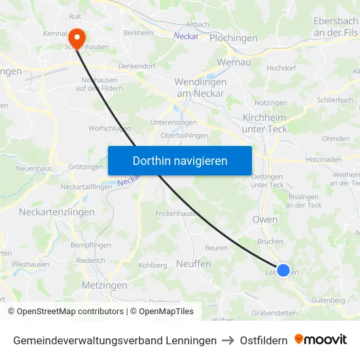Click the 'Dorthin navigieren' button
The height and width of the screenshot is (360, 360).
[x=180, y=160]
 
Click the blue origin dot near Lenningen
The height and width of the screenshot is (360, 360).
[x=283, y=270]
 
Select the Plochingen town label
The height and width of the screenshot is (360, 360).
[x=233, y=38]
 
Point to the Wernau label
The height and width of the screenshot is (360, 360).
[x=234, y=63]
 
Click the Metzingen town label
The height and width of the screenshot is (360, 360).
[x=104, y=286]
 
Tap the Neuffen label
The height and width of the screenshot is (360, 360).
[x=194, y=263]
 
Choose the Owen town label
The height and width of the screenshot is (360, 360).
[x=265, y=219]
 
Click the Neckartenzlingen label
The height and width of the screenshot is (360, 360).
[x=57, y=212]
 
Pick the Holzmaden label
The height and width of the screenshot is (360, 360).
[x=324, y=159]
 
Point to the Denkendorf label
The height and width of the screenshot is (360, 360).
[x=136, y=66]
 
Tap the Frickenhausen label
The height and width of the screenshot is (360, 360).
[x=177, y=214]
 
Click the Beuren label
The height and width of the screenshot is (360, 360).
[x=216, y=248]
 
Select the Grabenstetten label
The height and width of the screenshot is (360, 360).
[x=274, y=313]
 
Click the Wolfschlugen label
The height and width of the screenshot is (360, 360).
[x=109, y=129]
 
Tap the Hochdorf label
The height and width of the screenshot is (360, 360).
[x=281, y=67]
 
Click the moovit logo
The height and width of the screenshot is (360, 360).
[x=321, y=340]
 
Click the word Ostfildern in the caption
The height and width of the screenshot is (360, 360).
[x=263, y=340]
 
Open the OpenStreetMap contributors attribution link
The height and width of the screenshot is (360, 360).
[x=65, y=312]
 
